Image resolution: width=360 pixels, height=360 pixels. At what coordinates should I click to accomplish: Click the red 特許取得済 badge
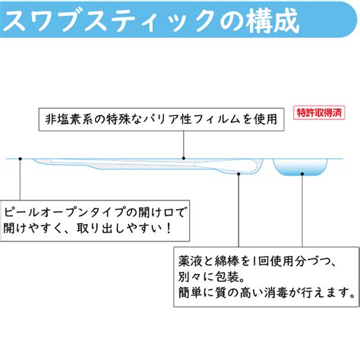click(x=319, y=112)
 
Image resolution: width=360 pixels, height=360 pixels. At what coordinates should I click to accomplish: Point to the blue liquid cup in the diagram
click(x=300, y=167)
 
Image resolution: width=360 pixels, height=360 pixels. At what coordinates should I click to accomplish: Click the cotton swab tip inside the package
click(x=249, y=165)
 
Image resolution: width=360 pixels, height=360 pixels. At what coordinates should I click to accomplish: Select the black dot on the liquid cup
click(x=302, y=174)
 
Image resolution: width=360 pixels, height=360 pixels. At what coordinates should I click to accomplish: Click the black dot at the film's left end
click(x=21, y=159)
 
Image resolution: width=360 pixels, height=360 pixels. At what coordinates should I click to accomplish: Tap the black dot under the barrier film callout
click(x=184, y=159)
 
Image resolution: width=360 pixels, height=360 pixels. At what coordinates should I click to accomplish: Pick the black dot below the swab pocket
click(x=238, y=173)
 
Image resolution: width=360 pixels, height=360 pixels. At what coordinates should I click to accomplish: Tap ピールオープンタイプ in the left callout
click(x=64, y=212)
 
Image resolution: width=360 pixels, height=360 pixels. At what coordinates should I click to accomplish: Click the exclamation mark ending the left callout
click(x=169, y=229)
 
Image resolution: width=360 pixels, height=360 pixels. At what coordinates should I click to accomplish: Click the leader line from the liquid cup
click(x=302, y=210)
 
